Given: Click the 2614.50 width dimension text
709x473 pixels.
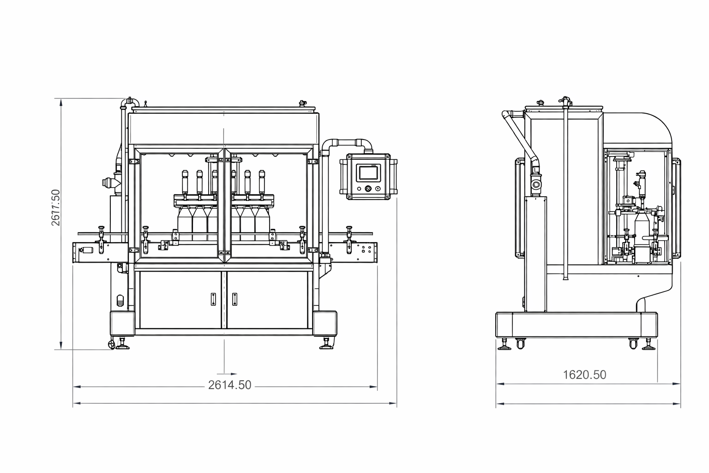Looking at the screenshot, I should [229, 385].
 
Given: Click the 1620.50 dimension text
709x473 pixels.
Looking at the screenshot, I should [584, 375].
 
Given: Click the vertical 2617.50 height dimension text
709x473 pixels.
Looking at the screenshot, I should [56, 207].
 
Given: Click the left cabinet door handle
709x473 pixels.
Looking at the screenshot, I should [213, 299].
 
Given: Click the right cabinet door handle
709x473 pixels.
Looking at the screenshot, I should [234, 299].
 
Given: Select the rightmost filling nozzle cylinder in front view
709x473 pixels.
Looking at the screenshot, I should [262, 182].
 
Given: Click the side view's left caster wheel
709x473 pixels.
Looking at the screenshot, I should [520, 344].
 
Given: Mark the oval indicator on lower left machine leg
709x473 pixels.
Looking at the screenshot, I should [120, 300].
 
